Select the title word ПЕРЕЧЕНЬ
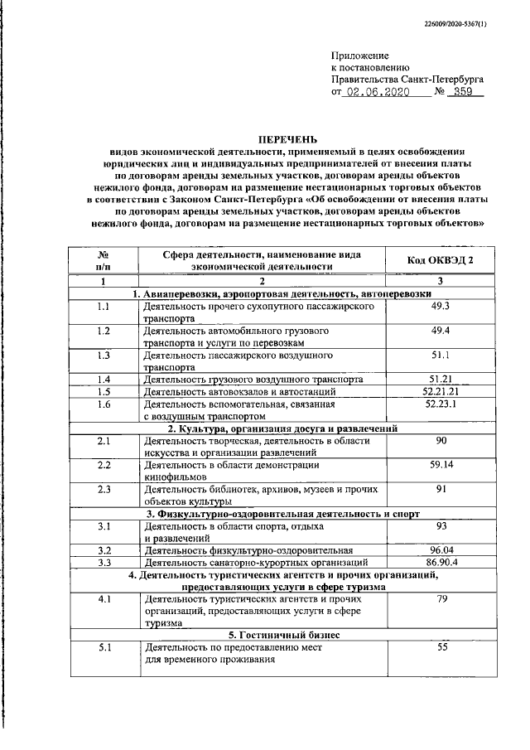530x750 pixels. (x=287, y=140)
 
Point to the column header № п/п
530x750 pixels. (x=104, y=261)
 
